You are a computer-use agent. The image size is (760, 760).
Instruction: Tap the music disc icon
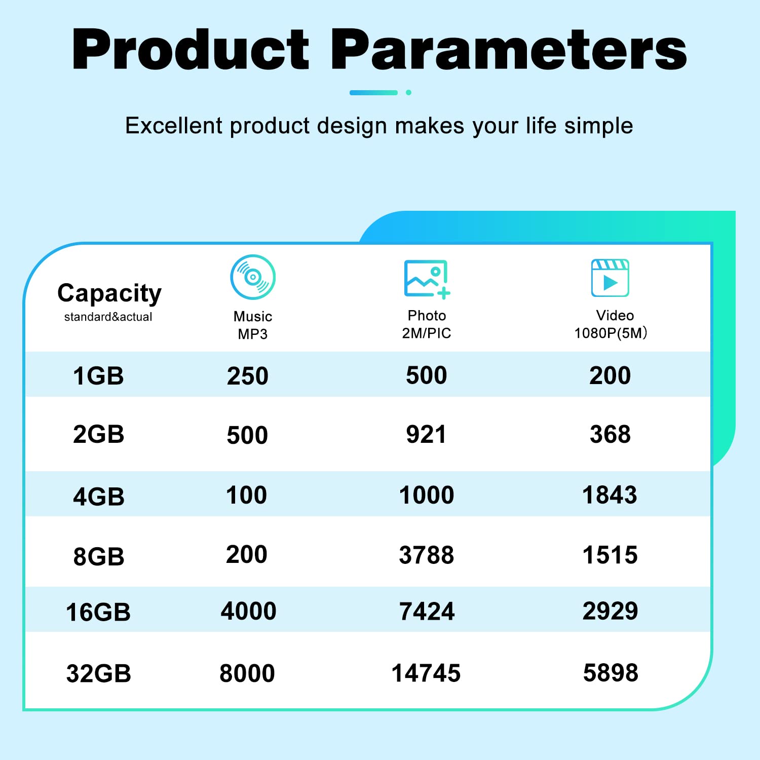pyautogui.click(x=253, y=277)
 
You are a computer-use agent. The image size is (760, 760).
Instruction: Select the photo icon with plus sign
pyautogui.click(x=427, y=279)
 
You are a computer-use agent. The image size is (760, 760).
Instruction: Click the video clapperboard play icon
pyautogui.click(x=610, y=278)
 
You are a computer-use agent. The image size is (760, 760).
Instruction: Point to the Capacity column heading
pyautogui.click(x=109, y=293)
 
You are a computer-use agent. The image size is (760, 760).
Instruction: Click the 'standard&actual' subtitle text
pyautogui.click(x=108, y=317)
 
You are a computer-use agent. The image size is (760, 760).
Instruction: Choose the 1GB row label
pyautogui.click(x=98, y=376)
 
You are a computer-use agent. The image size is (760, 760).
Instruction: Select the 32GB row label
pyautogui.click(x=99, y=674)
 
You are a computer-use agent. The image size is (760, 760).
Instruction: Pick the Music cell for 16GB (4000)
pyautogui.click(x=248, y=611)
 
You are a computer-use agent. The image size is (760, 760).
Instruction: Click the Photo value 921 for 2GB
pyautogui.click(x=426, y=435)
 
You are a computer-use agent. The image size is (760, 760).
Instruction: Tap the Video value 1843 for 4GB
pyautogui.click(x=610, y=495)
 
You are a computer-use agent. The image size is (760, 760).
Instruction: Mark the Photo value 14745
pyautogui.click(x=426, y=673)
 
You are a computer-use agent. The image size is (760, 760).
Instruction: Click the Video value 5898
pyautogui.click(x=611, y=673)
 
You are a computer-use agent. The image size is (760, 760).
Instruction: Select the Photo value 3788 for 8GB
pyautogui.click(x=427, y=555)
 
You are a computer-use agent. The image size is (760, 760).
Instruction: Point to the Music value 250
pyautogui.click(x=247, y=376)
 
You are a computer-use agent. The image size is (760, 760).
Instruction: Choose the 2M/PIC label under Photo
pyautogui.click(x=427, y=333)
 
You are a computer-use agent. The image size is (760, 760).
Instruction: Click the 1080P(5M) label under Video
pyautogui.click(x=611, y=333)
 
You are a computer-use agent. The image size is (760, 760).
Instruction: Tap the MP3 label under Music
pyautogui.click(x=253, y=334)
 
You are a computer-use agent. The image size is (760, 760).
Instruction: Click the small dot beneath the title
pyautogui.click(x=408, y=93)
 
